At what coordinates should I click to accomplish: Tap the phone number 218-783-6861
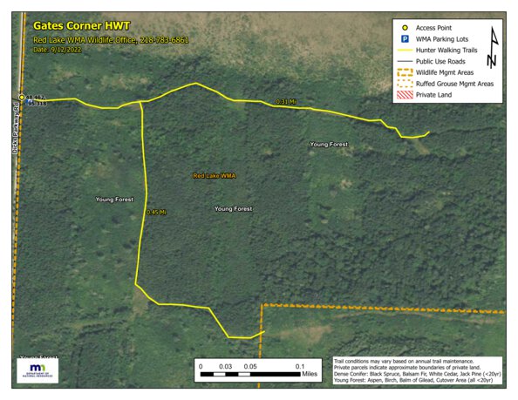tap(161, 40)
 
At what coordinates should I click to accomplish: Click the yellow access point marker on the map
tap(23, 98)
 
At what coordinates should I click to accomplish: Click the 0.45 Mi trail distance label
tap(156, 212)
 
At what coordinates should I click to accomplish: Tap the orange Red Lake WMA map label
tap(215, 176)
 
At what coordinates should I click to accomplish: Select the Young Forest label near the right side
tap(329, 143)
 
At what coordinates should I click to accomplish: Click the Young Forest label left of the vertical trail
tap(114, 200)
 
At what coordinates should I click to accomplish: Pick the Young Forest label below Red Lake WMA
tap(233, 209)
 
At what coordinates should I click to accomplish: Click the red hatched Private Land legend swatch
tap(406, 95)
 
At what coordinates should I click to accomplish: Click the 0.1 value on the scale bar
tap(299, 365)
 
